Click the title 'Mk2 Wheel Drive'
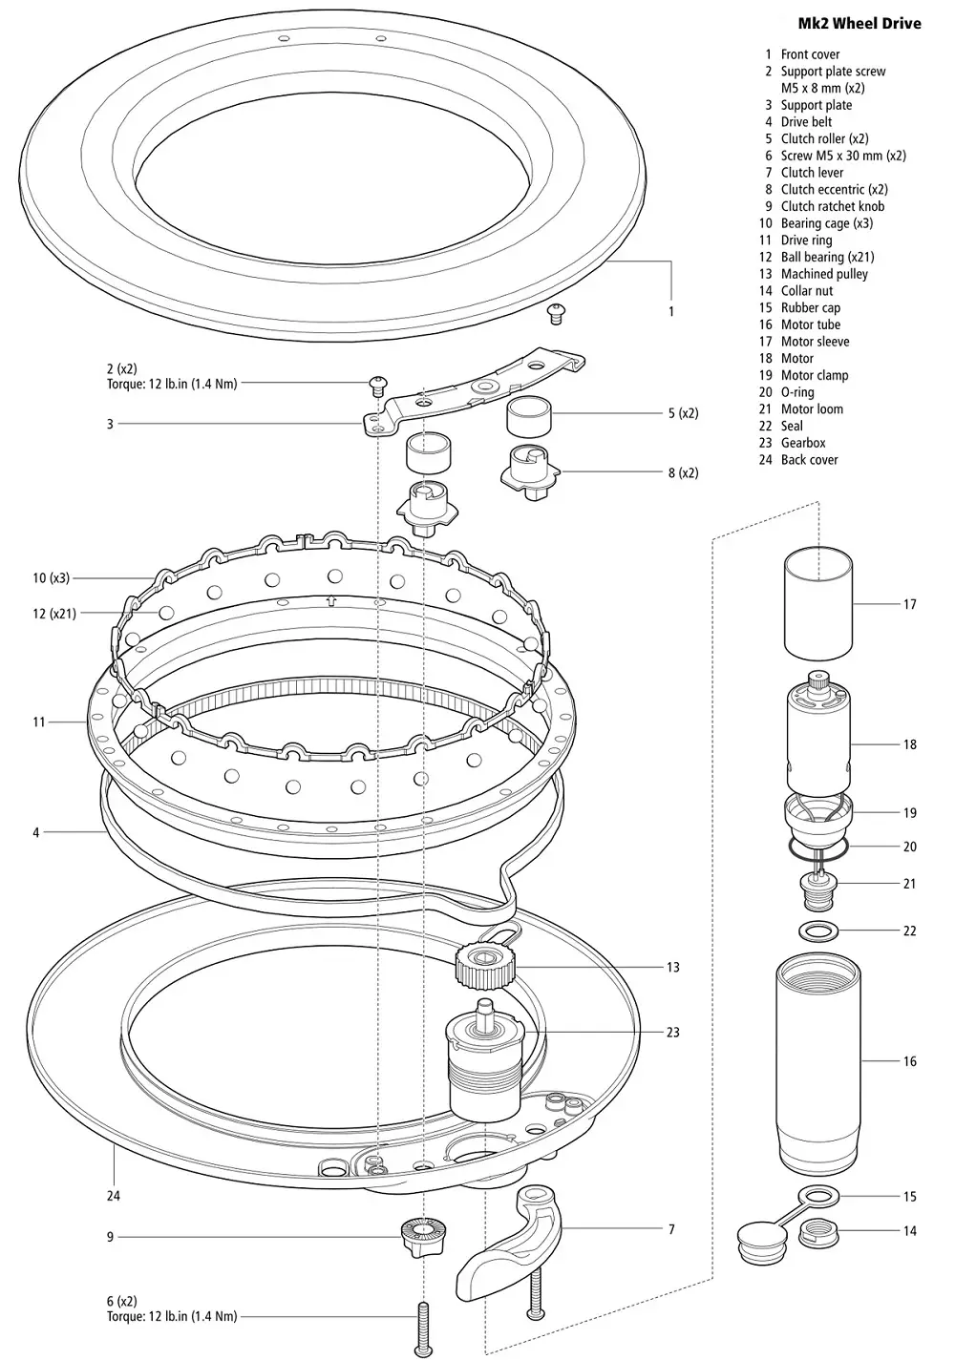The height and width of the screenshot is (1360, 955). (859, 23)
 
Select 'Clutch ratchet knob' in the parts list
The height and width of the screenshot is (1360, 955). (832, 206)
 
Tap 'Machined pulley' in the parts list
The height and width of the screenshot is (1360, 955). (824, 274)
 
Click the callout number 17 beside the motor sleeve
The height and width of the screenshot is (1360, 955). (909, 604)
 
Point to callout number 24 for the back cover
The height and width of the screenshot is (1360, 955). (114, 1196)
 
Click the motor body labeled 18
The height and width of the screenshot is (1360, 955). (818, 735)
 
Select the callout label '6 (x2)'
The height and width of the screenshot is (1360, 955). (121, 1301)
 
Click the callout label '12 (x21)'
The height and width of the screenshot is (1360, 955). (54, 613)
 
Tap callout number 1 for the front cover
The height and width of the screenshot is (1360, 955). (670, 311)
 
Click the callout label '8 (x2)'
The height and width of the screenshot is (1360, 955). (683, 472)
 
